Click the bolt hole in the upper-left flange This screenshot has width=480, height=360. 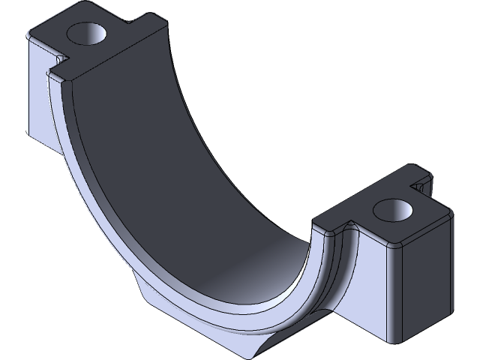(x=88, y=33)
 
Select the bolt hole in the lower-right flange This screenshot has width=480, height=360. (x=395, y=209)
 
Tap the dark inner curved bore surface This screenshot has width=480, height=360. (x=187, y=172)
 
